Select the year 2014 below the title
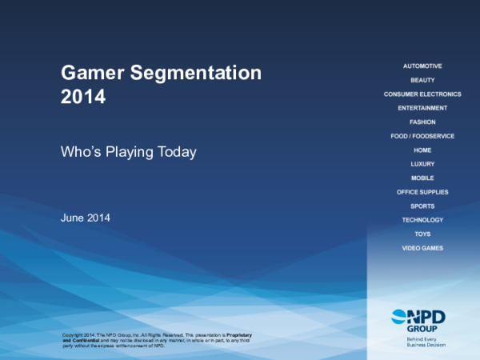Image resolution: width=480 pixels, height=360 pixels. (x=83, y=98)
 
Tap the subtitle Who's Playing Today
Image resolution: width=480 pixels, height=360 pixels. (x=129, y=151)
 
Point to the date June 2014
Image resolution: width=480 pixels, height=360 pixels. (x=86, y=218)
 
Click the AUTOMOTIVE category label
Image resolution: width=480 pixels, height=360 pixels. (x=422, y=66)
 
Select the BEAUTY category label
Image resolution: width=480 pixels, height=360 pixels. (x=422, y=80)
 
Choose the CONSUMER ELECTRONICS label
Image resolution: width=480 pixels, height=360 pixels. (x=422, y=94)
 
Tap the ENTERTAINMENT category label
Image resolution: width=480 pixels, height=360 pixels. (x=422, y=108)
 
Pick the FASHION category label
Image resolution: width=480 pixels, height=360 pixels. (x=422, y=122)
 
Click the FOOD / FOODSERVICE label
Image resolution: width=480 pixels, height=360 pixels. (x=422, y=136)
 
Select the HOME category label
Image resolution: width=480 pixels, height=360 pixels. (x=422, y=150)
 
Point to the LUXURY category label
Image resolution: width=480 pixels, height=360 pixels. (x=422, y=164)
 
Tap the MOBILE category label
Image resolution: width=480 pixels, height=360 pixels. (x=422, y=178)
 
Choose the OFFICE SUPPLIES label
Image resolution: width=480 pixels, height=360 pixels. (x=422, y=192)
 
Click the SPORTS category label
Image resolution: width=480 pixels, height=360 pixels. (x=422, y=206)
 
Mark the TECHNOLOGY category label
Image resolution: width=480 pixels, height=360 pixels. (x=422, y=220)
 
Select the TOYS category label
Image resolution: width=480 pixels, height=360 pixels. (x=422, y=234)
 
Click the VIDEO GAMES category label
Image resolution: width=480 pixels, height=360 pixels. (x=422, y=248)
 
